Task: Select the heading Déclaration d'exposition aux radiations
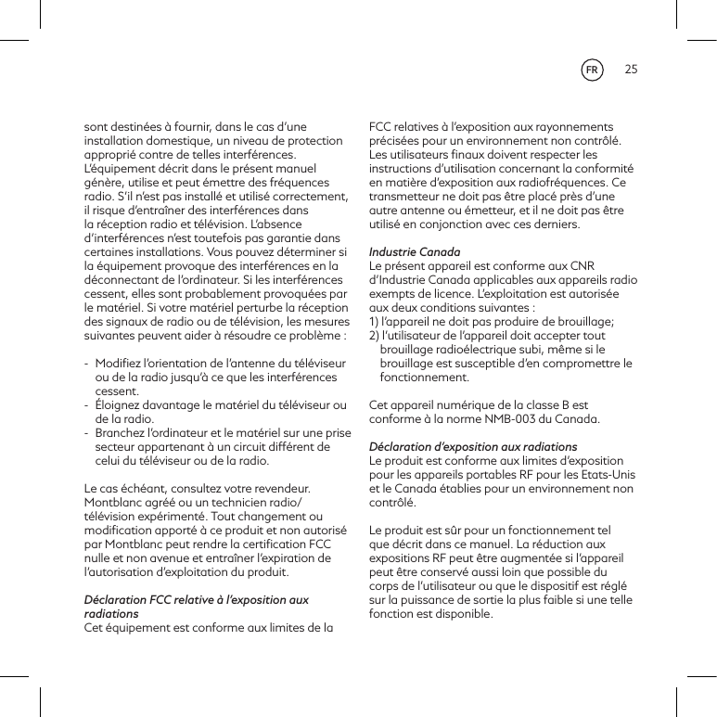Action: pyautogui.click(x=473, y=447)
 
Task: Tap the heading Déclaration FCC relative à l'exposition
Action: pyautogui.click(x=197, y=600)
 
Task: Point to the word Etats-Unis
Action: pyautogui.click(x=606, y=475)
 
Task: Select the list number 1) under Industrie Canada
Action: pyautogui.click(x=375, y=322)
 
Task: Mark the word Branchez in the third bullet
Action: pyautogui.click(x=122, y=433)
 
